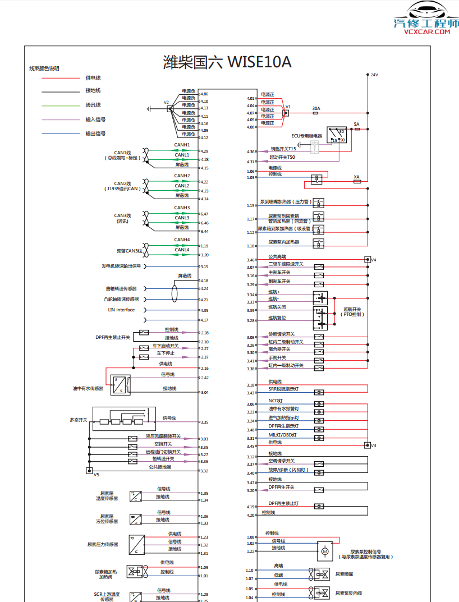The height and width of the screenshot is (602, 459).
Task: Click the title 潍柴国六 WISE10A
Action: point(227,61)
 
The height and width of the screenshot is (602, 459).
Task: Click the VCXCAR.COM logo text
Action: point(426,32)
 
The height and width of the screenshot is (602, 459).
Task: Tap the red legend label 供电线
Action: point(93,78)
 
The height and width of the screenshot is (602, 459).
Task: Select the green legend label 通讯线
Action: point(93,105)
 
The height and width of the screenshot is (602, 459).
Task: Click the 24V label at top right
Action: point(374,75)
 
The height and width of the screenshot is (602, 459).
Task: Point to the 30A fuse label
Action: point(316,108)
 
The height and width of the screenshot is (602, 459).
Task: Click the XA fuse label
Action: point(356,177)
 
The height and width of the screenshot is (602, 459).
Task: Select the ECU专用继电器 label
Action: point(306,136)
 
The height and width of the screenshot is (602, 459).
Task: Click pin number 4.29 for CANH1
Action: point(204,151)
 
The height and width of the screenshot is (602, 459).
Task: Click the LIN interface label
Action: point(121,310)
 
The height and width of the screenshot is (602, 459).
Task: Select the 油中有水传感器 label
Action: point(88,388)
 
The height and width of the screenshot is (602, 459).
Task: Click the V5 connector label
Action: point(97,475)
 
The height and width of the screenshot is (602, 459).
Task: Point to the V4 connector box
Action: point(368,260)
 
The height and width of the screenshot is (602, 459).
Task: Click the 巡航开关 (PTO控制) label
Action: point(352,312)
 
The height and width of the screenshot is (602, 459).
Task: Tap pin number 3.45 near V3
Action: point(251,446)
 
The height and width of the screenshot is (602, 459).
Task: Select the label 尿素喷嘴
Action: point(344,574)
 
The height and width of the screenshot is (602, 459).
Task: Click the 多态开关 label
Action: point(78,420)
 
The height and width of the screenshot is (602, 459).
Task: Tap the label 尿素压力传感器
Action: point(103,544)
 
